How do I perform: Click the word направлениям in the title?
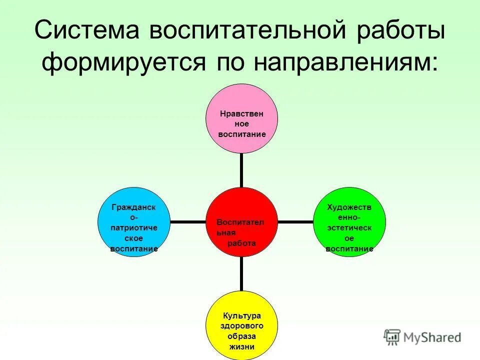tap(344, 64)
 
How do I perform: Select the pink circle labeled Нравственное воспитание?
tap(242, 119)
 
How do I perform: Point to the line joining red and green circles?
tap(295, 221)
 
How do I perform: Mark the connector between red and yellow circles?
tap(241, 273)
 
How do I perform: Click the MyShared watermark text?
tap(433, 338)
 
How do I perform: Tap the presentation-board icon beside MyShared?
tap(392, 337)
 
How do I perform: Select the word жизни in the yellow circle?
tap(242, 346)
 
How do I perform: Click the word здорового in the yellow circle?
tap(242, 325)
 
